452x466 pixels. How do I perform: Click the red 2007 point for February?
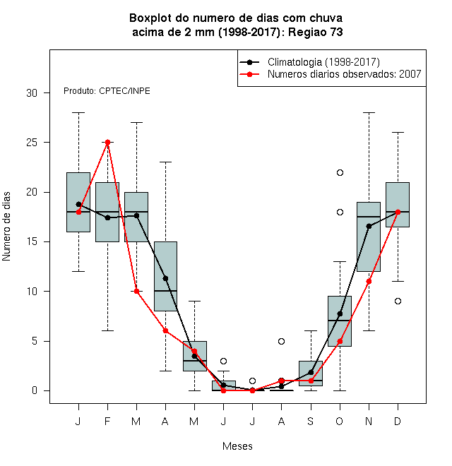coord(107,143)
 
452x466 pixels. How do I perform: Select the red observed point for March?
coord(136,291)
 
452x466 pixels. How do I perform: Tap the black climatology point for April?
coord(165,278)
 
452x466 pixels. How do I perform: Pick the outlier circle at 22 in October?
coord(340,173)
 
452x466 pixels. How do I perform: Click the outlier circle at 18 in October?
coord(340,213)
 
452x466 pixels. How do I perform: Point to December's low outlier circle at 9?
coord(398,301)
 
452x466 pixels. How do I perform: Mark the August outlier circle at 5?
coord(281,341)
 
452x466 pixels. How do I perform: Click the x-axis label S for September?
coord(311,421)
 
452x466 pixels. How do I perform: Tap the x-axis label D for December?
coord(398,421)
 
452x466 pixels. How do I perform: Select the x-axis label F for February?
coord(107,421)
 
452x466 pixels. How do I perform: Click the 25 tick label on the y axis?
coord(32,143)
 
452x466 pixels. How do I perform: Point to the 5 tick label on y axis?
coord(35,341)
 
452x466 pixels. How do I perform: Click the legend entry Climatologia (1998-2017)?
coord(323,62)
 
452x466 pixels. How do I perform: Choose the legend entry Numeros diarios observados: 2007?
coord(345,74)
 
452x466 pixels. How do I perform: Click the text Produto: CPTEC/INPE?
coord(107,91)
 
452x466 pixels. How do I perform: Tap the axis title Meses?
coord(237,446)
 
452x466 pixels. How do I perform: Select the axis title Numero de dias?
coord(6,227)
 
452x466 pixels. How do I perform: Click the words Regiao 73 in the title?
coord(316,32)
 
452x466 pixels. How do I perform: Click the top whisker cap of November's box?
coord(369,113)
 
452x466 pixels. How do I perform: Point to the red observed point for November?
coord(369,282)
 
